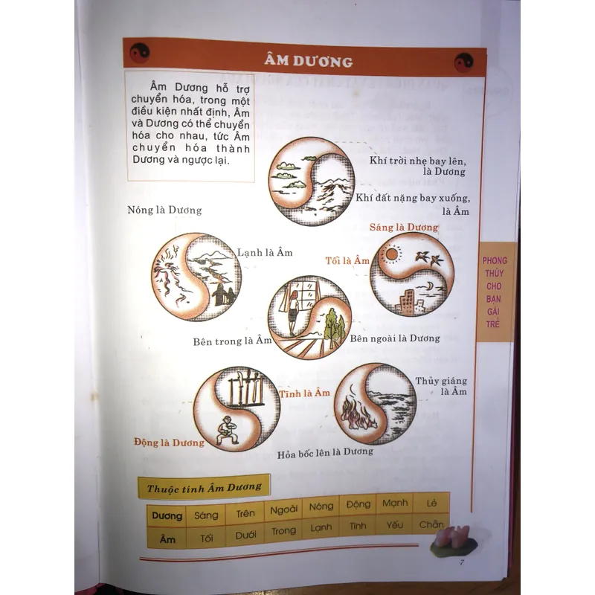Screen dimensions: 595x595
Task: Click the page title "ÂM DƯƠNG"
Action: point(309,61)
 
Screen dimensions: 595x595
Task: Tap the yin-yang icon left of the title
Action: point(139,52)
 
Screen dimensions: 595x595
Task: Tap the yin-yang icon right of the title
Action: point(463,62)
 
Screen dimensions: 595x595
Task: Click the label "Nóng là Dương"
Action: point(164,210)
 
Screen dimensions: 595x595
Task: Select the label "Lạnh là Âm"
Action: point(265,252)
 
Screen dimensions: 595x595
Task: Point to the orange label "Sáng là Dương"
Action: point(404,227)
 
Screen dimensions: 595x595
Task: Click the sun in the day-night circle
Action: point(392,254)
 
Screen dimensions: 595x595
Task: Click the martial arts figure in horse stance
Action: point(226,431)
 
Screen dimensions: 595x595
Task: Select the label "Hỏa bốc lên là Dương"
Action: point(325,453)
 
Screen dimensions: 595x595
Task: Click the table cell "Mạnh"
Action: point(395,504)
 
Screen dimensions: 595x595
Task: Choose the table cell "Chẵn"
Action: point(431,524)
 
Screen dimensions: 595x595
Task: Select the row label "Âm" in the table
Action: point(167,538)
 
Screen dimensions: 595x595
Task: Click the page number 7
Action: point(461,562)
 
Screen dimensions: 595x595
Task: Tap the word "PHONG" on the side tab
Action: point(495,260)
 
